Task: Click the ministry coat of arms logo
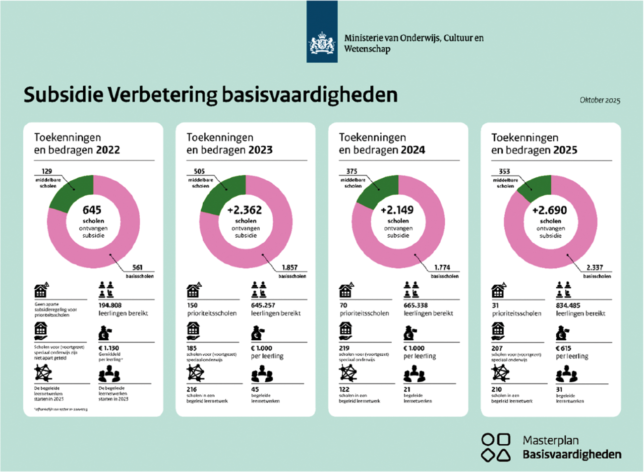coord(322,44)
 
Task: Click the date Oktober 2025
coord(600,100)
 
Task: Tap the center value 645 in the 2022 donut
coord(92,210)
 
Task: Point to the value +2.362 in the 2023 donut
coord(245,210)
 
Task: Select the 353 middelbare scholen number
coord(504,171)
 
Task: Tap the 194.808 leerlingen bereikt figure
coord(110,306)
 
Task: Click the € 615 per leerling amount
coord(564,348)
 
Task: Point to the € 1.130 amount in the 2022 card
coord(109,348)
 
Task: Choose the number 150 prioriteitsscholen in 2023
coord(192,306)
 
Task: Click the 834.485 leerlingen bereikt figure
coord(568,306)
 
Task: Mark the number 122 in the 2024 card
coord(344,389)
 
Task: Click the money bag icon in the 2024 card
coord(411,332)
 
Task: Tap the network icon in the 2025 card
coord(500,373)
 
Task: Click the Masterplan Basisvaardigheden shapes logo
coord(496,447)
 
